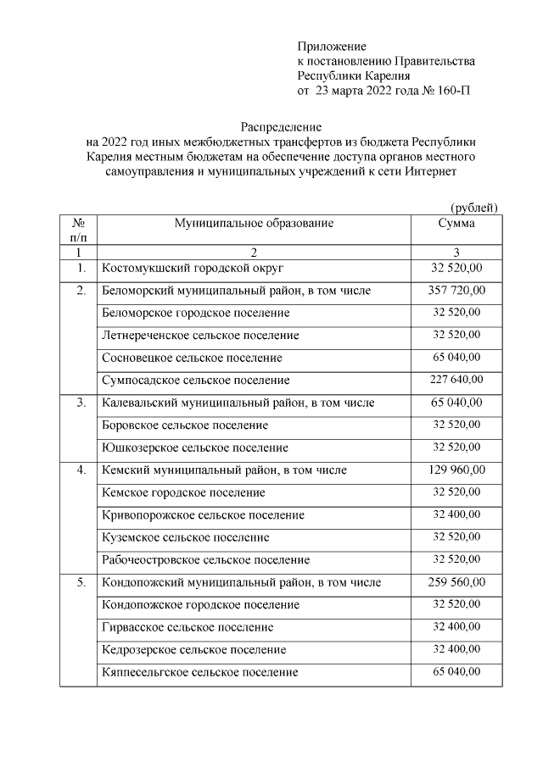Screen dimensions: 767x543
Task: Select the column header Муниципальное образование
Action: (255, 224)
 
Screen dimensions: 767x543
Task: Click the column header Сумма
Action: (456, 224)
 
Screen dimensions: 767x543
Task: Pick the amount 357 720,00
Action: (456, 291)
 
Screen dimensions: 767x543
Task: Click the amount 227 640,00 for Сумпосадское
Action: (456, 380)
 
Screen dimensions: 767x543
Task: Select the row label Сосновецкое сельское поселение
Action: (192, 358)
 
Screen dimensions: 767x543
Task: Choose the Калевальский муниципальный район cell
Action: (238, 403)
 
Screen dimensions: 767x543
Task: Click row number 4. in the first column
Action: (80, 470)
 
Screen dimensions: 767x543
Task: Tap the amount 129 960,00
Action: (456, 470)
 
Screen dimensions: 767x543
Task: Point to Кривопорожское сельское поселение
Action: (202, 514)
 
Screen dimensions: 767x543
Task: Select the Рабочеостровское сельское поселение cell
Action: (205, 559)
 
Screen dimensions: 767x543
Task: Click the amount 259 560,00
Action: (456, 582)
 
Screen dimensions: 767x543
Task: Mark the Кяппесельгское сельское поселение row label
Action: (199, 672)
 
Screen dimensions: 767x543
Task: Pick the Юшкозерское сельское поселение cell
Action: (194, 447)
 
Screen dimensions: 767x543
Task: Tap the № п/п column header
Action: (80, 231)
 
